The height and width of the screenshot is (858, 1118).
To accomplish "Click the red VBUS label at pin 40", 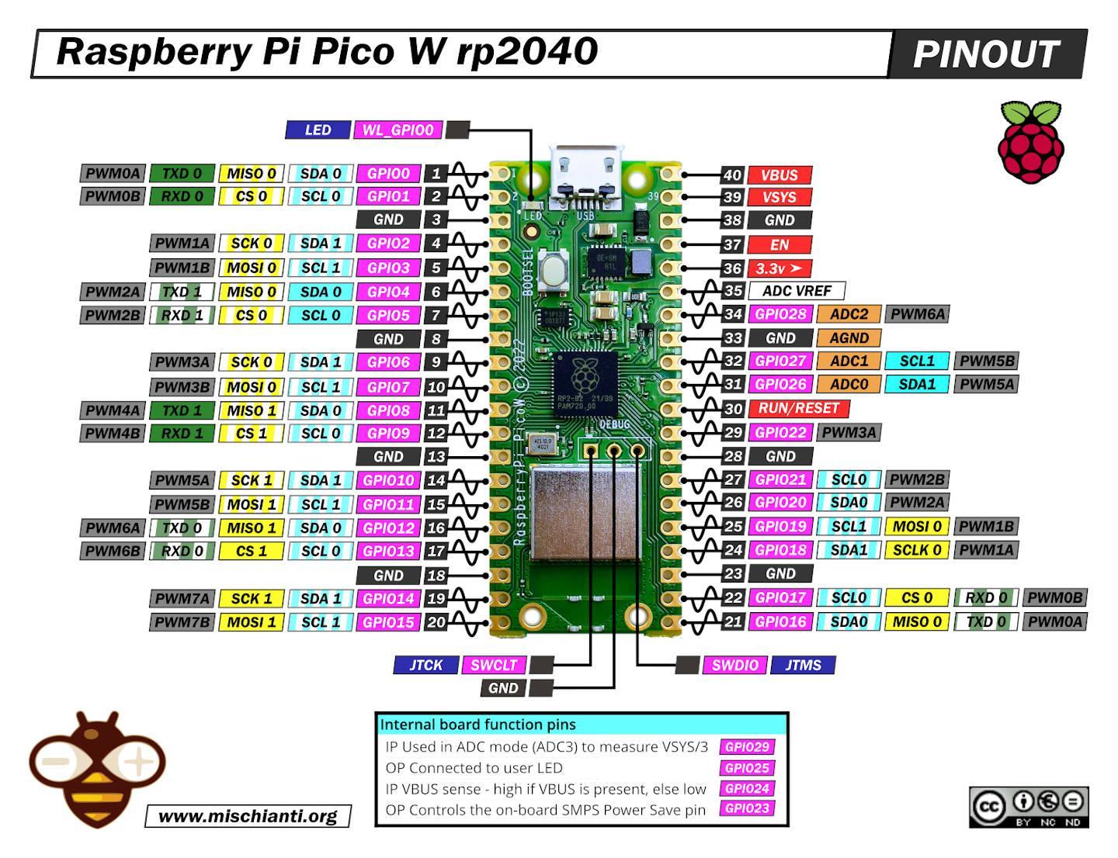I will pos(779,175).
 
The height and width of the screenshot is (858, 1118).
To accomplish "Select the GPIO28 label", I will pos(781,314).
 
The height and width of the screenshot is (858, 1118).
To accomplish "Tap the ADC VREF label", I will pos(797,291).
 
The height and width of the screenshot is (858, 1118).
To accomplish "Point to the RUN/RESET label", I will pos(799,408).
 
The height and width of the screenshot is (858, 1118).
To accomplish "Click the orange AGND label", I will pos(849,338).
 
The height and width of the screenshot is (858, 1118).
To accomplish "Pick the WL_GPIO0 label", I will pos(398,130).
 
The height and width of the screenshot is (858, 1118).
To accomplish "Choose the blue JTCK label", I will pos(425,665).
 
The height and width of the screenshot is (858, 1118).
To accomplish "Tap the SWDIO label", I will pos(734,665).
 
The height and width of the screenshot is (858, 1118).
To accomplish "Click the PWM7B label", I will pos(182,622).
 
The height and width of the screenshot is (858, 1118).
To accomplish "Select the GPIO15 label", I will pos(388,622).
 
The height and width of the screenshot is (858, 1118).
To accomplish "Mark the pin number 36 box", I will pos(732,268).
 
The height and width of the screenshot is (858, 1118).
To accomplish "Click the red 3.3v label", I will pos(779,268).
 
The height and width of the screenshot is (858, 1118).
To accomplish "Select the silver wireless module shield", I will pos(586,514).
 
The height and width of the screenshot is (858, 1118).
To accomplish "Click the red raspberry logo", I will pos(1030,144).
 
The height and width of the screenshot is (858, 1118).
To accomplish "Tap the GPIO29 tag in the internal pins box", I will pos(746,747).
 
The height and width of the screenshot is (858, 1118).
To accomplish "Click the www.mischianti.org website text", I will pos(248,816).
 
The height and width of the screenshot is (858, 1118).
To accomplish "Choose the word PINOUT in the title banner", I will pos(985,54).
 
